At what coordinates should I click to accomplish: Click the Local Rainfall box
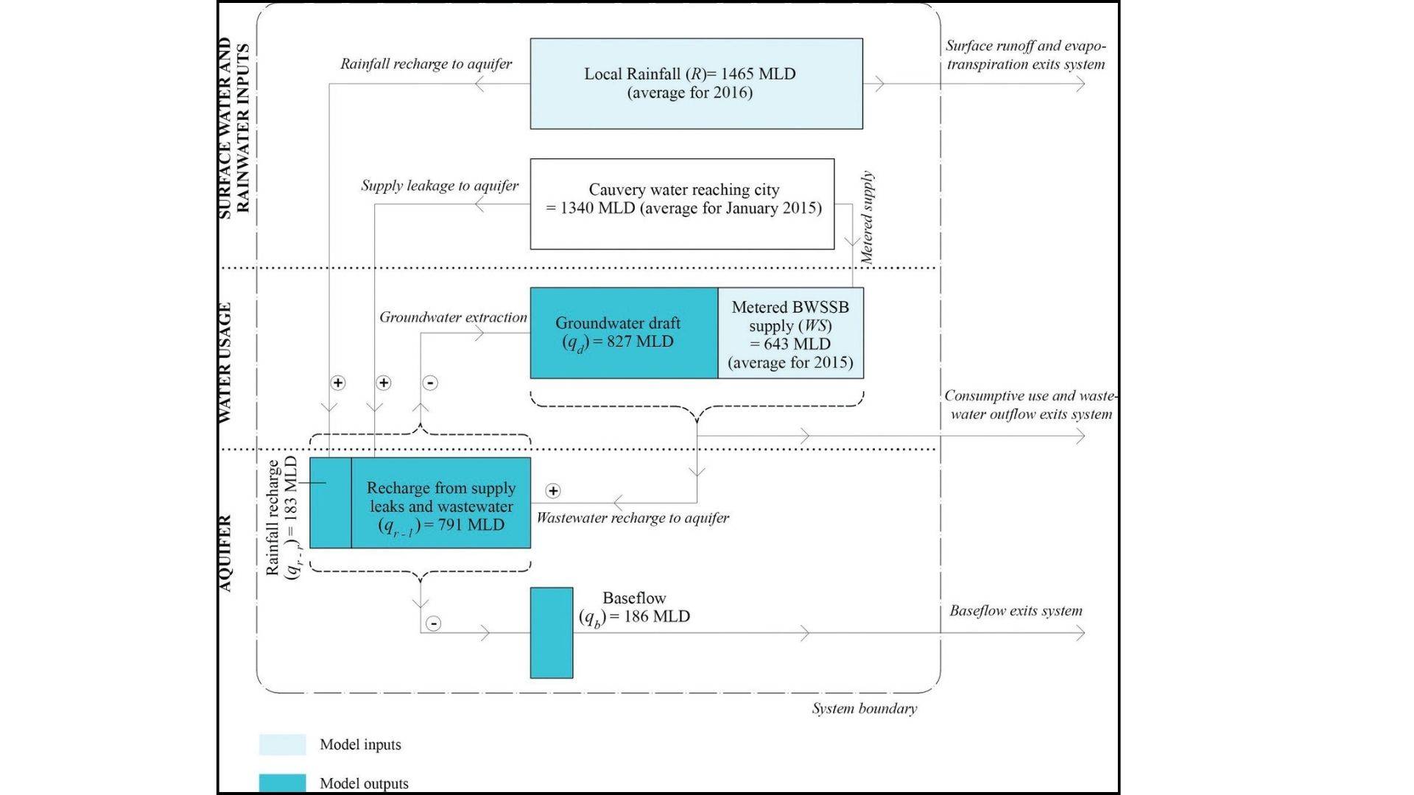tap(696, 83)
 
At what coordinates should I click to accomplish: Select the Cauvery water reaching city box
tap(682, 203)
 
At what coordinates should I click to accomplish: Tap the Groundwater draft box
tap(624, 333)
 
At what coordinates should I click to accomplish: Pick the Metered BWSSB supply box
tap(790, 333)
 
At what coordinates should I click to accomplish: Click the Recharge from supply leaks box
tap(440, 504)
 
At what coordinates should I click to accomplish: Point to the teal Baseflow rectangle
tap(552, 632)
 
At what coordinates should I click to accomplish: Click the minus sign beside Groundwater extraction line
tap(431, 383)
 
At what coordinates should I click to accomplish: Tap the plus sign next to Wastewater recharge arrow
tap(553, 491)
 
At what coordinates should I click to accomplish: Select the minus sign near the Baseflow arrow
tap(434, 623)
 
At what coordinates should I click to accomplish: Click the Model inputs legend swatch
tap(282, 744)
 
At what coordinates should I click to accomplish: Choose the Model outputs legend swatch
tap(282, 783)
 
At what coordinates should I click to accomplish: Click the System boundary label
tap(864, 709)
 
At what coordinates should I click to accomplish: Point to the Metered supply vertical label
tap(868, 218)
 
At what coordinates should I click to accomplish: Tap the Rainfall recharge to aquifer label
tap(426, 64)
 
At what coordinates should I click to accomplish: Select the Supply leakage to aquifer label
tap(440, 185)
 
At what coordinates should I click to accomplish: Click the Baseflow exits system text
tap(1016, 611)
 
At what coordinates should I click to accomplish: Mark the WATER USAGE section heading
tap(225, 362)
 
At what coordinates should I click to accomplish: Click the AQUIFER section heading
tap(225, 553)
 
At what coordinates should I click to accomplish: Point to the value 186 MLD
tap(656, 617)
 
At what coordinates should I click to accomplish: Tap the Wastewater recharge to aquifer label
tap(633, 518)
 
